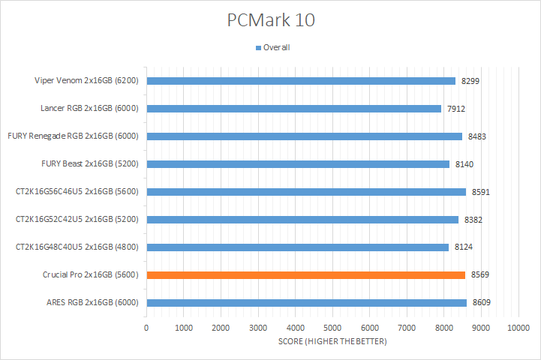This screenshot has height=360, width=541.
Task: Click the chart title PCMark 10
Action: point(271,20)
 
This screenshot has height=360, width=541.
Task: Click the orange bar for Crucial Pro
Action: point(305,275)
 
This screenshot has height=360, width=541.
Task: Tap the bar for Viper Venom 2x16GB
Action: point(301,81)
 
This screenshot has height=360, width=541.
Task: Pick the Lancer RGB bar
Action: point(293,109)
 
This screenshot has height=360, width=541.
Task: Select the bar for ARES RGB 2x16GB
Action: point(306,303)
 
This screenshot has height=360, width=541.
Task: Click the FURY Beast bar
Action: point(298,164)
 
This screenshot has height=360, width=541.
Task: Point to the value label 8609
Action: point(482,303)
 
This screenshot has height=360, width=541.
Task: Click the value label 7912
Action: point(456,109)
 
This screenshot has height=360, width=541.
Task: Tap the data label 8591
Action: point(481,192)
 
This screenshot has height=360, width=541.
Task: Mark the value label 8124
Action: point(464,247)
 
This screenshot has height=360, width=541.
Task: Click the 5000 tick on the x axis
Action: point(332,328)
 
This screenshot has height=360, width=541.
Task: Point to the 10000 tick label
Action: point(518,328)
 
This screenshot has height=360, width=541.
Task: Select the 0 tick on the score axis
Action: point(146,328)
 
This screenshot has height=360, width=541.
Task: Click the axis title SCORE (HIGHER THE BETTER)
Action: point(332,342)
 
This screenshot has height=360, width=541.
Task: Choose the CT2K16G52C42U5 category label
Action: point(77,220)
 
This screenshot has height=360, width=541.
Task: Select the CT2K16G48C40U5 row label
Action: point(77,247)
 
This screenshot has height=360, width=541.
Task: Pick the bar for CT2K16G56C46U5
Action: point(306,192)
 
